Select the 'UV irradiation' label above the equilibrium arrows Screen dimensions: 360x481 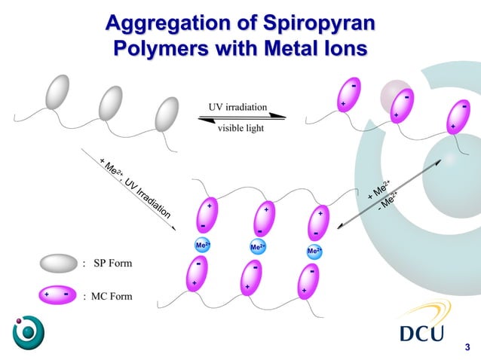pos(237,107)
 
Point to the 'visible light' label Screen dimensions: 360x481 pos(240,128)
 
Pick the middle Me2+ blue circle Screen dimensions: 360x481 pos(257,247)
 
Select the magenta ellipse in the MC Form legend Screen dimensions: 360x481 pos(57,294)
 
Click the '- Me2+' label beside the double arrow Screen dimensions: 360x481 pos(389,200)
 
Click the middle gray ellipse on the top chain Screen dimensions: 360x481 pos(111,102)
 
